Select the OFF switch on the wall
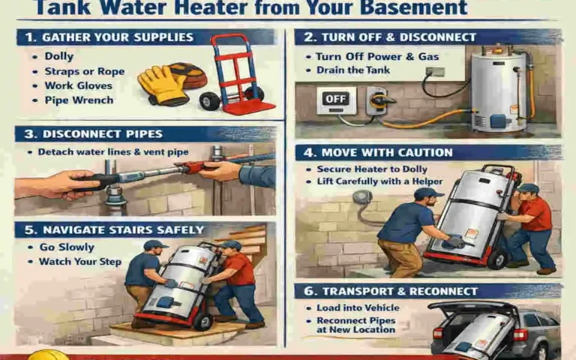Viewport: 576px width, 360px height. coord(335,99)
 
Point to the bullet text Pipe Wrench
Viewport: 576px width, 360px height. coord(78,100)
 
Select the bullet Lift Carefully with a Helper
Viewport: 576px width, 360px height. coord(379,181)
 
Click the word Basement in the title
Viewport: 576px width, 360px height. coord(409,9)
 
